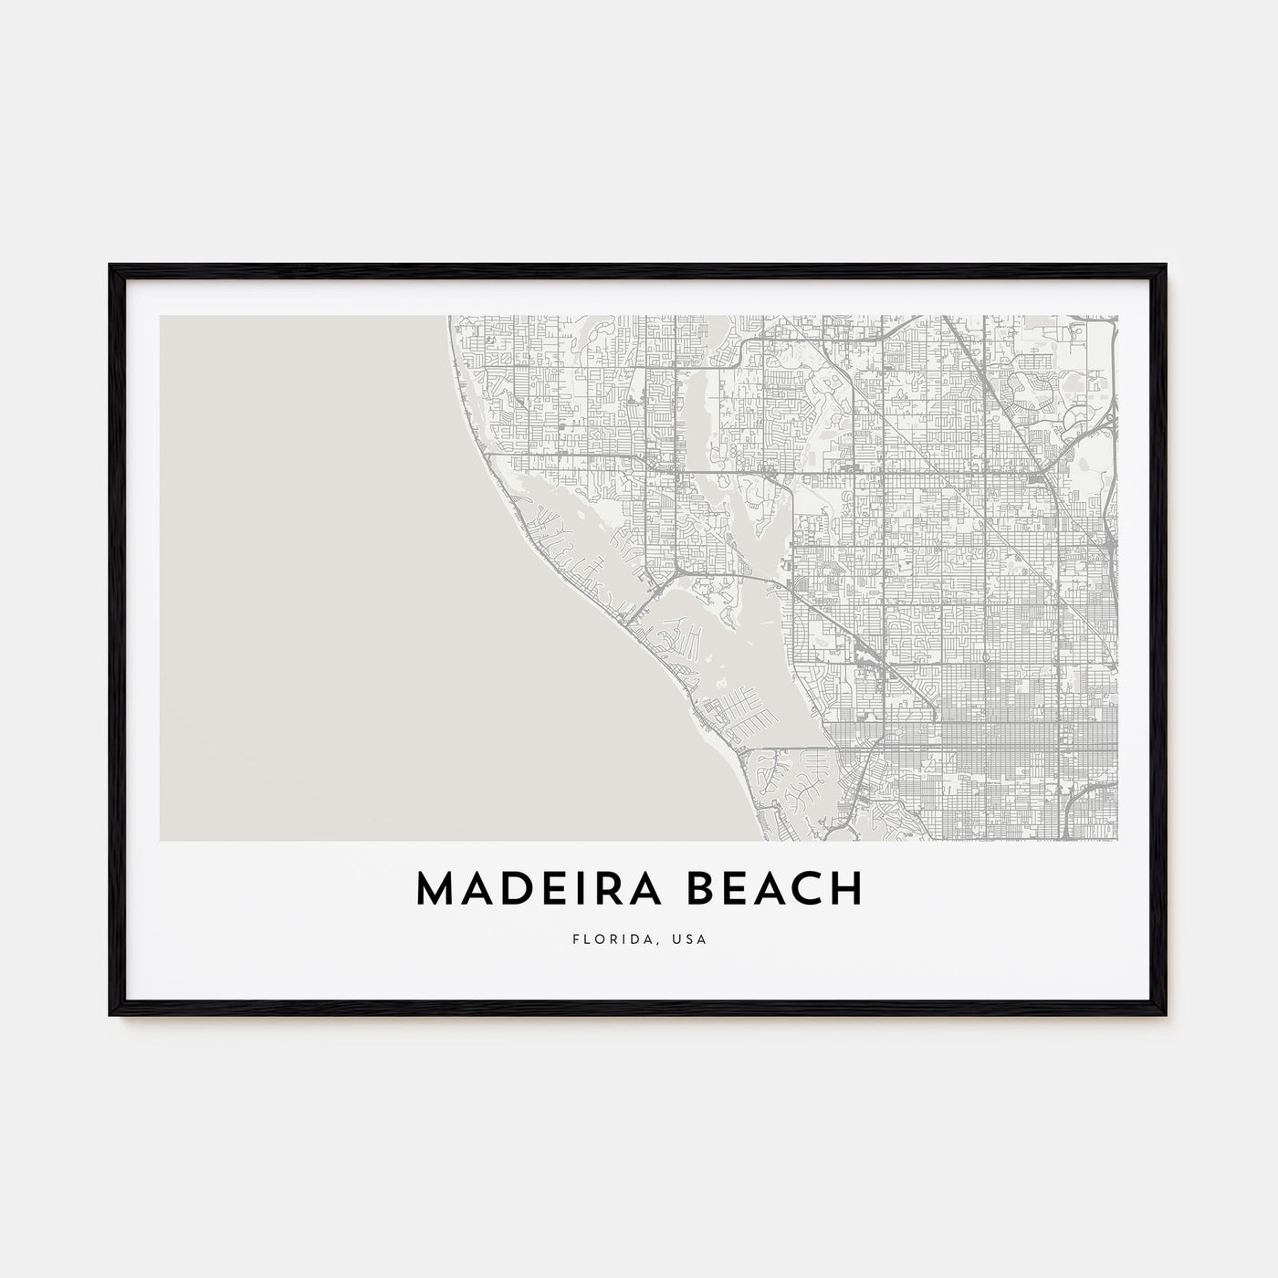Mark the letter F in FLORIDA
575,938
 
